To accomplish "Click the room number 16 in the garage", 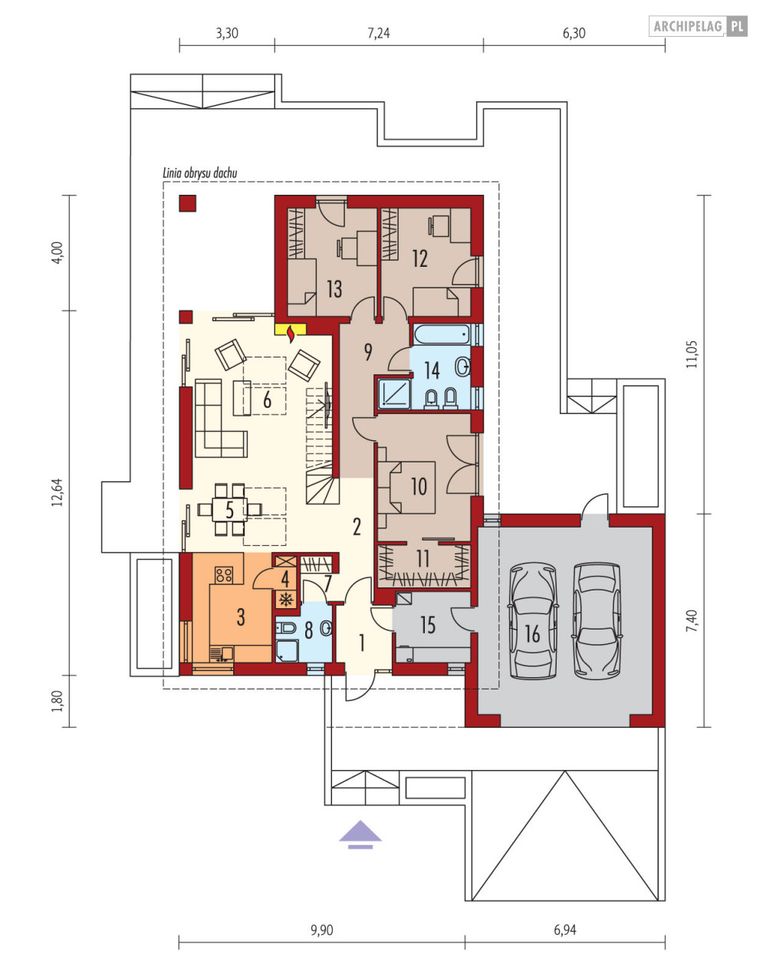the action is [532, 634].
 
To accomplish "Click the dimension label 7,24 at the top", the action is [379, 33].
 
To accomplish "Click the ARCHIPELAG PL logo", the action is [699, 26].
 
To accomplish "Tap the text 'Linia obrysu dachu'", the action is [199, 173].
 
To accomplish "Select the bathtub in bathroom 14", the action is [442, 334].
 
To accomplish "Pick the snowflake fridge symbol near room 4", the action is [286, 600].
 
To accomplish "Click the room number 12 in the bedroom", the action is [420, 259].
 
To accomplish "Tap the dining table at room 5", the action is [229, 510].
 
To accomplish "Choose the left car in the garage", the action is [532, 620].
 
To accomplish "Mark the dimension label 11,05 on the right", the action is [692, 355].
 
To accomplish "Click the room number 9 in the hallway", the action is [368, 352].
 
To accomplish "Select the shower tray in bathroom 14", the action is [394, 394].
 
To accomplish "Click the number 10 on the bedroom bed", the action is [419, 486].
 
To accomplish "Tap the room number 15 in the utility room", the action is [428, 625].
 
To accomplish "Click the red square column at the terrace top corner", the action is [187, 203].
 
